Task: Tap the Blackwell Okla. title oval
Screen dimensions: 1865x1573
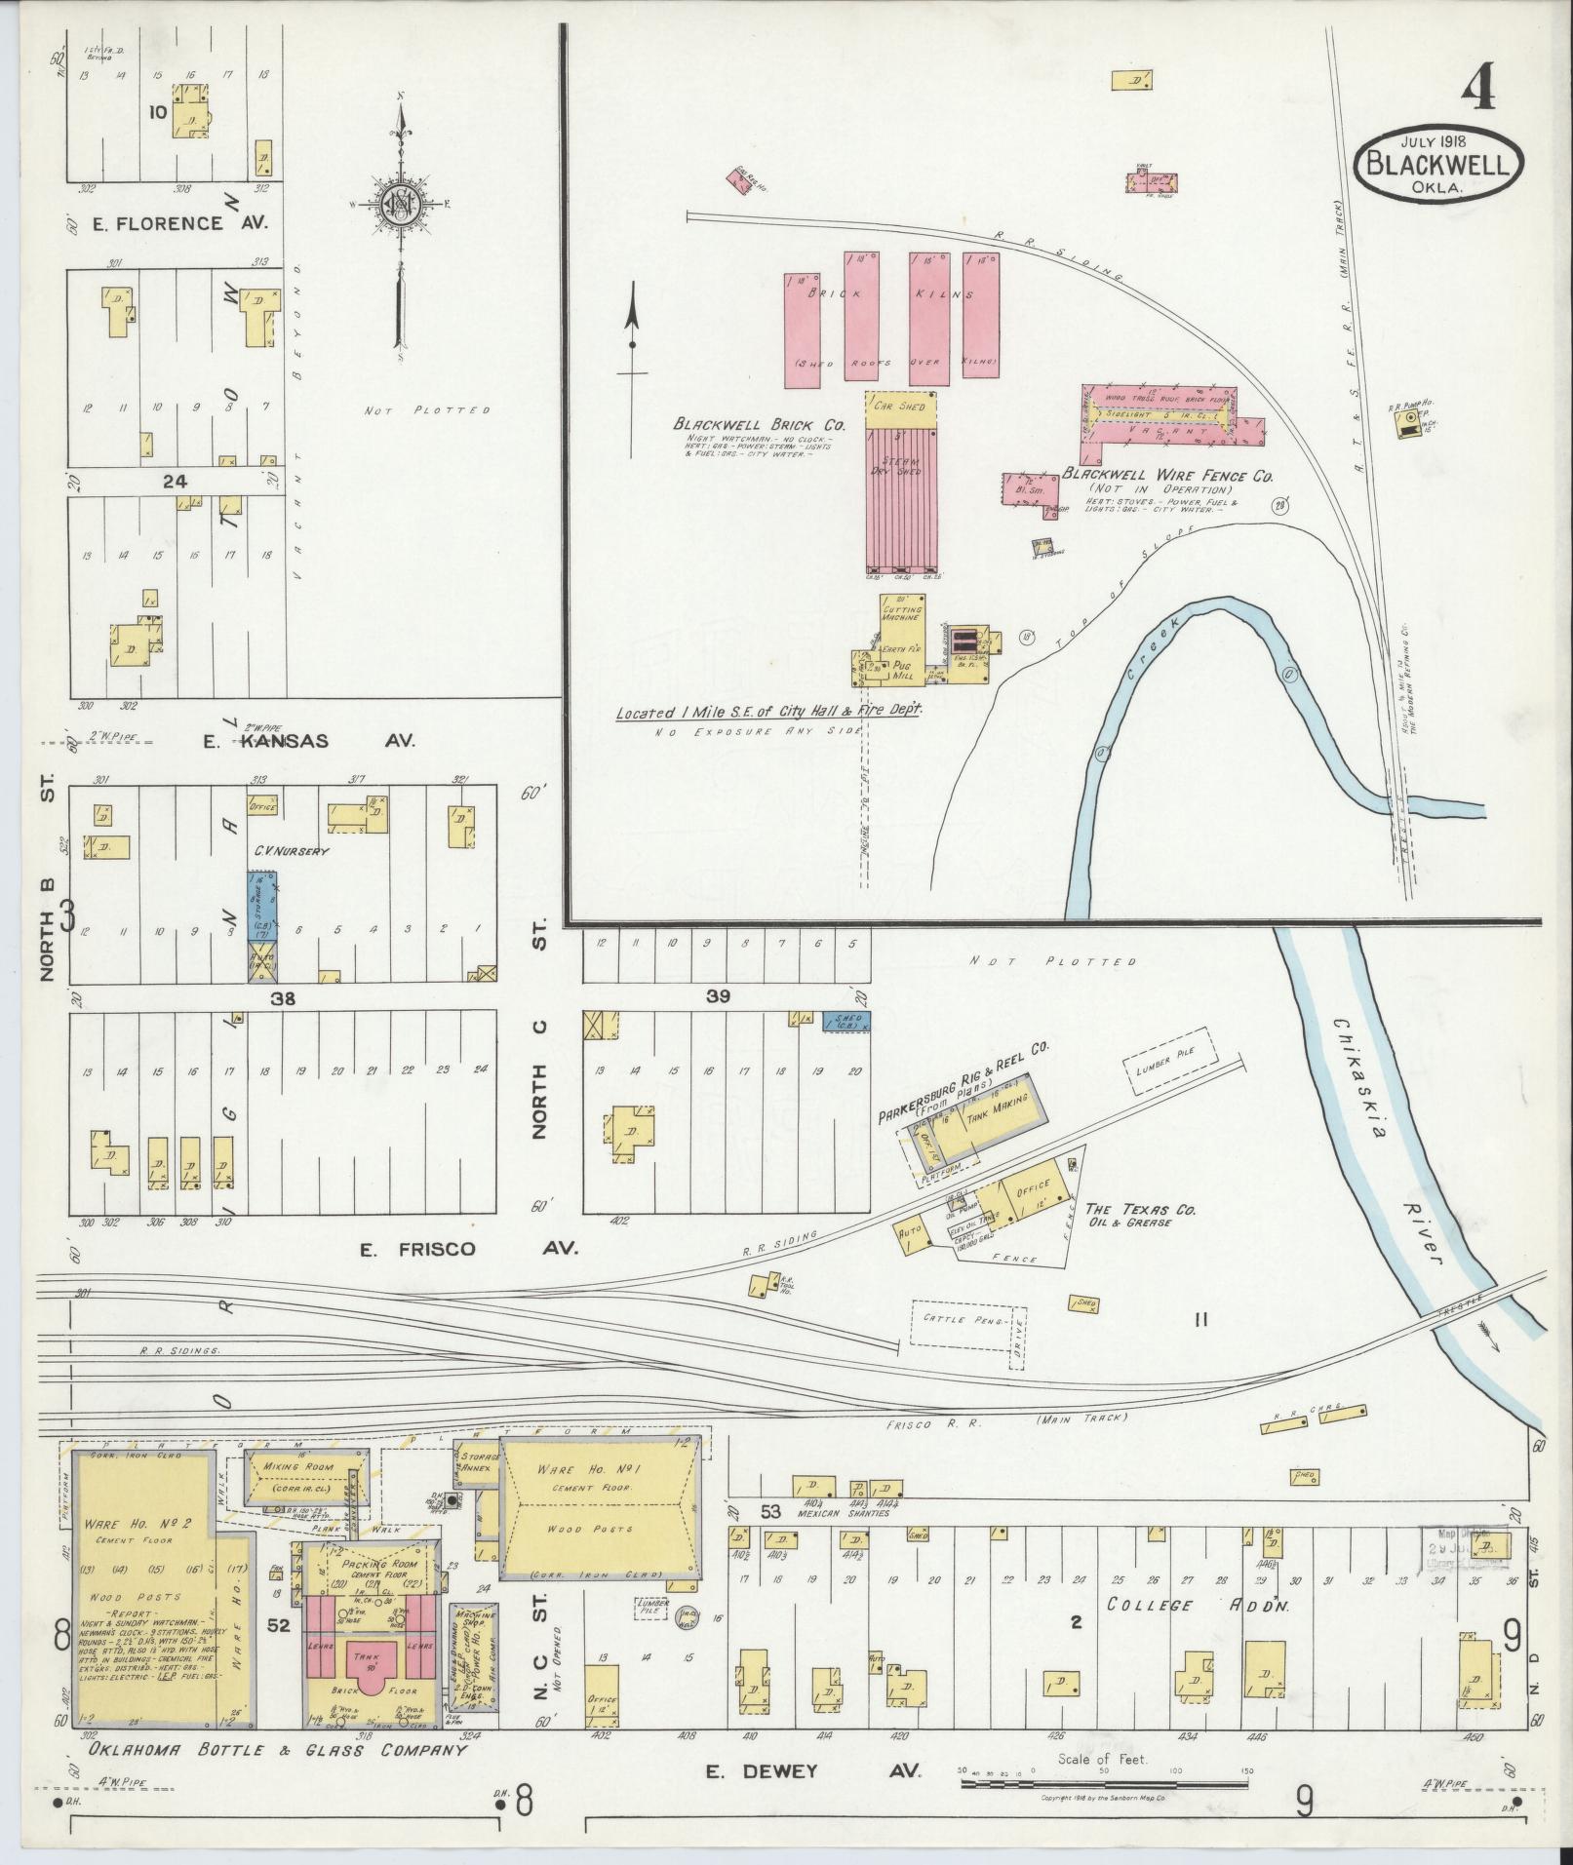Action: coord(1438,164)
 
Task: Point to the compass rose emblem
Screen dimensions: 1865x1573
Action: coord(401,204)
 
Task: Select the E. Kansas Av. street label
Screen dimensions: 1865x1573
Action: coord(308,741)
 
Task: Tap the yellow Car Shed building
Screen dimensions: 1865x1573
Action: coord(900,406)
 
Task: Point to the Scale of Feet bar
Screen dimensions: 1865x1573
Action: coord(1104,1784)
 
